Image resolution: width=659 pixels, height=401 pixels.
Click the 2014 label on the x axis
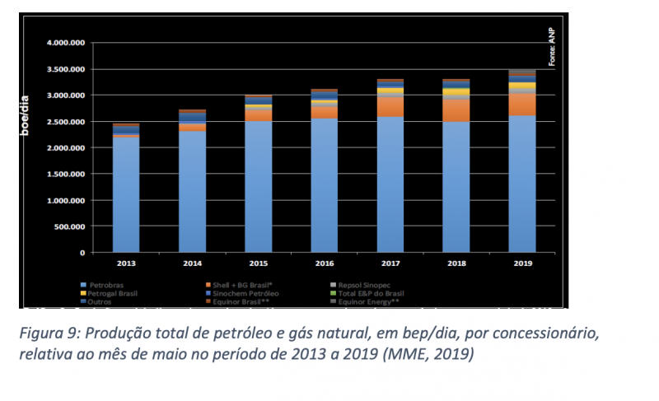point(192,263)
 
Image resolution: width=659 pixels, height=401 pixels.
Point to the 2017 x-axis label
point(390,263)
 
